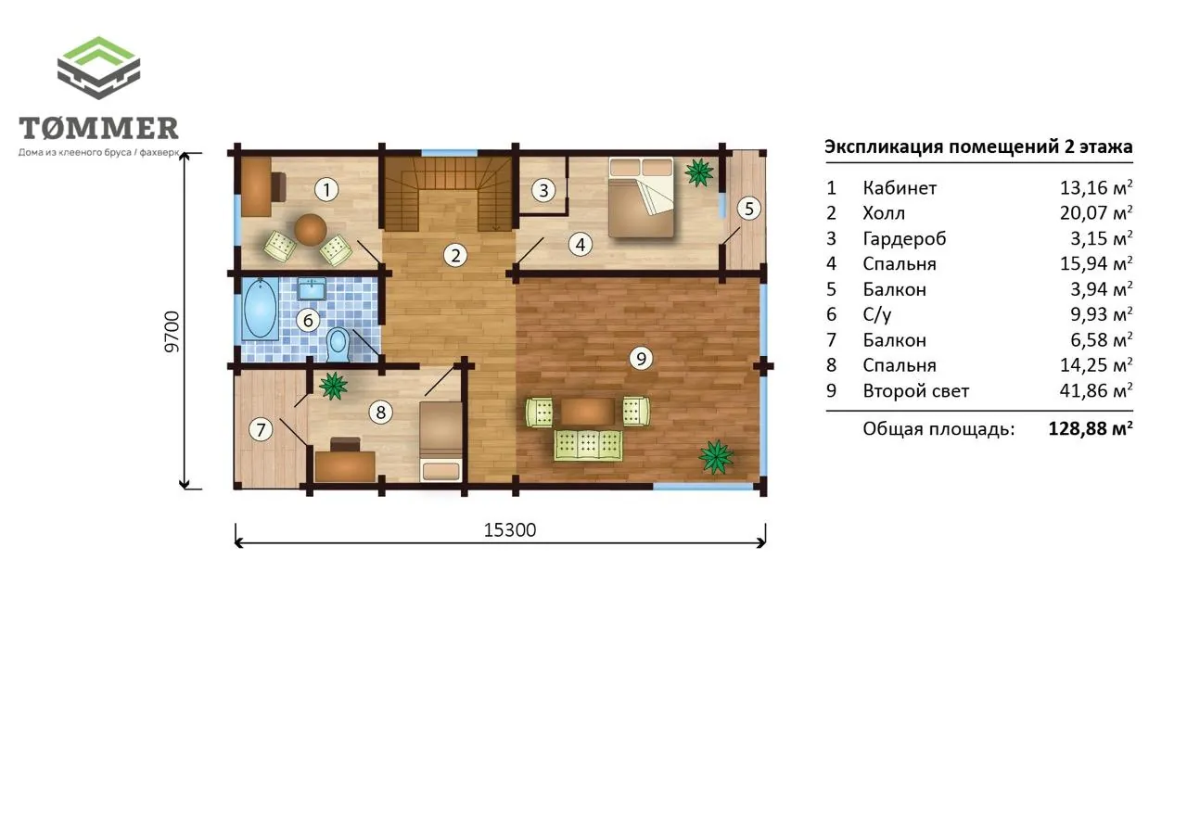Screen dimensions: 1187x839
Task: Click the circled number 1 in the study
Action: [x=326, y=190]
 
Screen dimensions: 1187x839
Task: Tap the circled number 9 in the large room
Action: [x=641, y=359]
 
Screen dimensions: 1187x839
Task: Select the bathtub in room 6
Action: [x=260, y=309]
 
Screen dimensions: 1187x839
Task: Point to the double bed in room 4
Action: [x=641, y=197]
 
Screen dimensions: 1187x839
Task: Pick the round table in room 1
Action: [x=310, y=229]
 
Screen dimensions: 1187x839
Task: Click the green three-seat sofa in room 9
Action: [x=588, y=445]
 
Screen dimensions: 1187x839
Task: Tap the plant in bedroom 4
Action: [x=699, y=172]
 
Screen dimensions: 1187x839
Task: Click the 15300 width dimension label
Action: [x=510, y=529]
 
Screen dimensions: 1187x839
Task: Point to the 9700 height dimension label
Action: [x=172, y=332]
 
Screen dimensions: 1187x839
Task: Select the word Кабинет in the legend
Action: [x=900, y=188]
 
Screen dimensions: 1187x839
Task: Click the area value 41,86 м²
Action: [x=1096, y=390]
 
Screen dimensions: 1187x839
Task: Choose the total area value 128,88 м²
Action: [x=1091, y=428]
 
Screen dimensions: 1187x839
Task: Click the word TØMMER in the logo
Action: [x=98, y=128]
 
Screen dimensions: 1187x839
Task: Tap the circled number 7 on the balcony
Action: [x=261, y=429]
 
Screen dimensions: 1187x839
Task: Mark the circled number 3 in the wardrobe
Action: [x=543, y=190]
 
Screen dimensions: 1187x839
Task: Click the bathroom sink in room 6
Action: [x=312, y=289]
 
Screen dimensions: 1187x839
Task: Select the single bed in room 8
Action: [x=440, y=441]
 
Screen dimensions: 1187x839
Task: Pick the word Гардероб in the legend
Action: [x=904, y=239]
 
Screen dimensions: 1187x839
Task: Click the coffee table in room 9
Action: [x=588, y=412]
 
